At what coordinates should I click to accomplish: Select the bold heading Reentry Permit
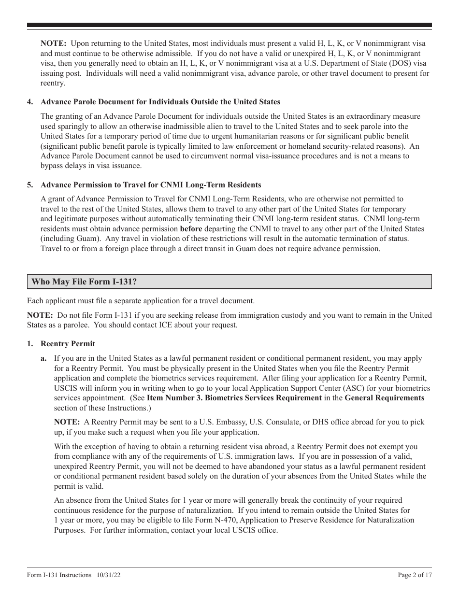point(68,344)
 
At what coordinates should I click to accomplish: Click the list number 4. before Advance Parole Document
point(30,102)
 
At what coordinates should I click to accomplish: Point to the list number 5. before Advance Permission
point(30,184)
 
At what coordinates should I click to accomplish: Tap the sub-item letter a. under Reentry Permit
point(44,358)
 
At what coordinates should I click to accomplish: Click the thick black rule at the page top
point(229,25)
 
